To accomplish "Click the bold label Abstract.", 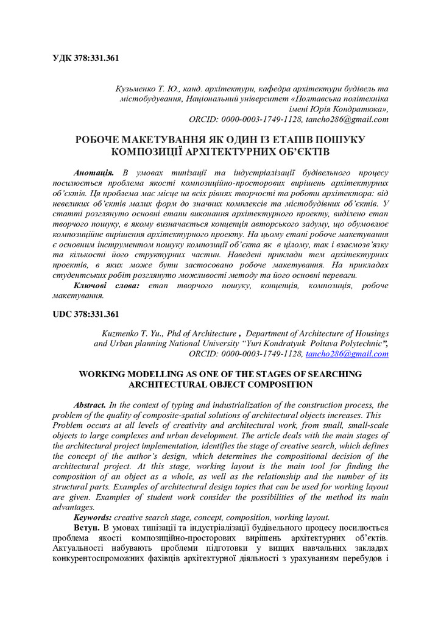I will point(90,405).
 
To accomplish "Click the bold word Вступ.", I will point(86,527).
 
